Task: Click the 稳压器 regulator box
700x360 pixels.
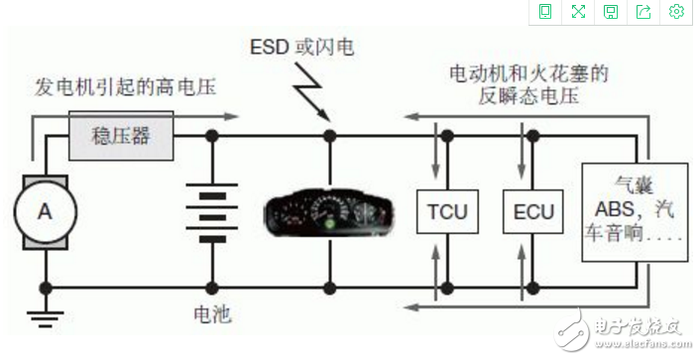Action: coord(121,134)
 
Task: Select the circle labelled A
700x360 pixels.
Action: coord(44,210)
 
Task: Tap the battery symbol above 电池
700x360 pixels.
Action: coord(210,211)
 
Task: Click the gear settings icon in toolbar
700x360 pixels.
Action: coord(677,12)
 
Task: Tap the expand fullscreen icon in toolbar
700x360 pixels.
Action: coord(577,12)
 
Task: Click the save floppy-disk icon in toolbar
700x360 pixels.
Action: coord(611,12)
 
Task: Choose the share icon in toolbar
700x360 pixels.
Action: coord(643,12)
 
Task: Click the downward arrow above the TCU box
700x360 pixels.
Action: coord(434,159)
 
